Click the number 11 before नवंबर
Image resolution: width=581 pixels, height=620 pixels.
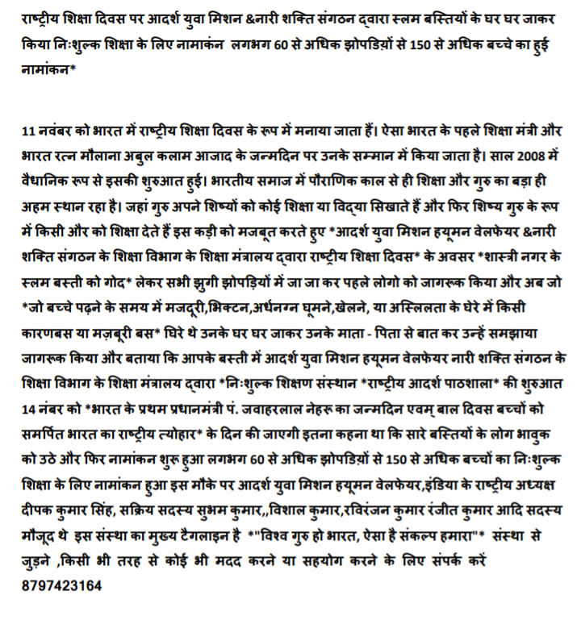pos(30,129)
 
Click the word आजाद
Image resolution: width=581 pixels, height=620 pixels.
pos(269,151)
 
